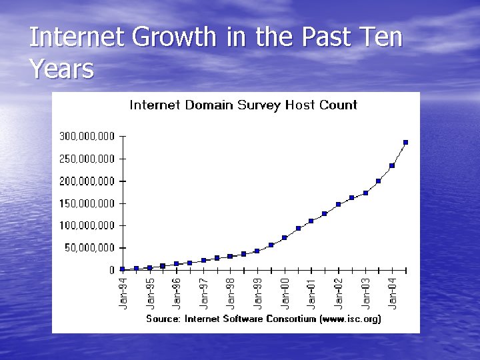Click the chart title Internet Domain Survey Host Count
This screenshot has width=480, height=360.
pyautogui.click(x=243, y=105)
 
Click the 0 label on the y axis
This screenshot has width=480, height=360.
pyautogui.click(x=113, y=270)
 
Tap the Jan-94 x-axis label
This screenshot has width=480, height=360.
pyautogui.click(x=123, y=293)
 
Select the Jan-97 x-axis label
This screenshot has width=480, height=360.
pyautogui.click(x=204, y=293)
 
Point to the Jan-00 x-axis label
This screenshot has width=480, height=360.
pyautogui.click(x=285, y=293)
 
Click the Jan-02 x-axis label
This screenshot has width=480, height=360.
pyautogui.click(x=339, y=293)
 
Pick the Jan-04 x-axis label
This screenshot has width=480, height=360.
pyautogui.click(x=393, y=293)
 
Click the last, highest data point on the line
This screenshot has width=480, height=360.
pyautogui.click(x=405, y=142)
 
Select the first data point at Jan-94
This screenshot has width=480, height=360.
pyautogui.click(x=123, y=269)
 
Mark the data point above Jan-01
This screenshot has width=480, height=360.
pyautogui.click(x=311, y=221)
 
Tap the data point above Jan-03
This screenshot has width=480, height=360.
pyautogui.click(x=365, y=193)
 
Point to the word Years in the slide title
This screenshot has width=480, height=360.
pyautogui.click(x=61, y=68)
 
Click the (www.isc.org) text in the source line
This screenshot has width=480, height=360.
pyautogui.click(x=349, y=319)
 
